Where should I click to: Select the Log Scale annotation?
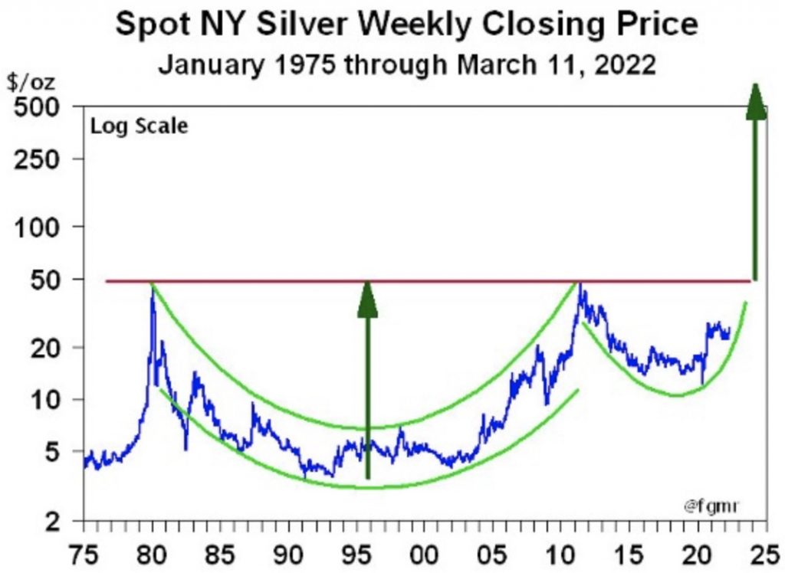pos(140,126)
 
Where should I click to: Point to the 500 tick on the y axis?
pos(38,107)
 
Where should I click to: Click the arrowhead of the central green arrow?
pos(368,299)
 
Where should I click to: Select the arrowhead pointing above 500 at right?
pos(757,102)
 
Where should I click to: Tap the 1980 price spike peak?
pos(153,294)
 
